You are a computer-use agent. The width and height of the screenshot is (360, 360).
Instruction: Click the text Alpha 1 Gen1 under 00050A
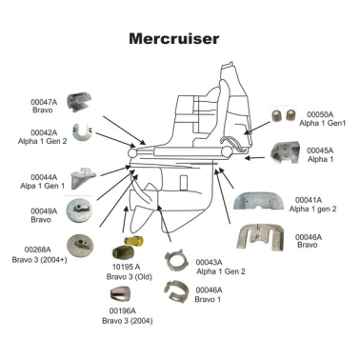point(321,124)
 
